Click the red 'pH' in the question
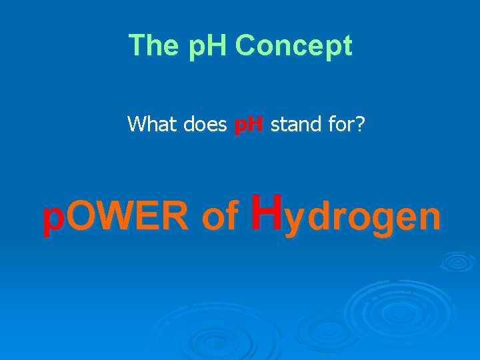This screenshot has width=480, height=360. (x=249, y=124)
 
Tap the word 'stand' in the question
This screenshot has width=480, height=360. (x=295, y=123)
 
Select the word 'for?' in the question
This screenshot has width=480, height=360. (x=345, y=123)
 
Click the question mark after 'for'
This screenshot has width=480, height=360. (x=360, y=123)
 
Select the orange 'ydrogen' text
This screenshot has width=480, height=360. (x=362, y=219)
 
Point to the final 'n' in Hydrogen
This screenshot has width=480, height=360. (x=429, y=218)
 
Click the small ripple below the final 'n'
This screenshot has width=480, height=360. (x=457, y=261)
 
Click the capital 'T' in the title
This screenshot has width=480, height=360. (x=137, y=46)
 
